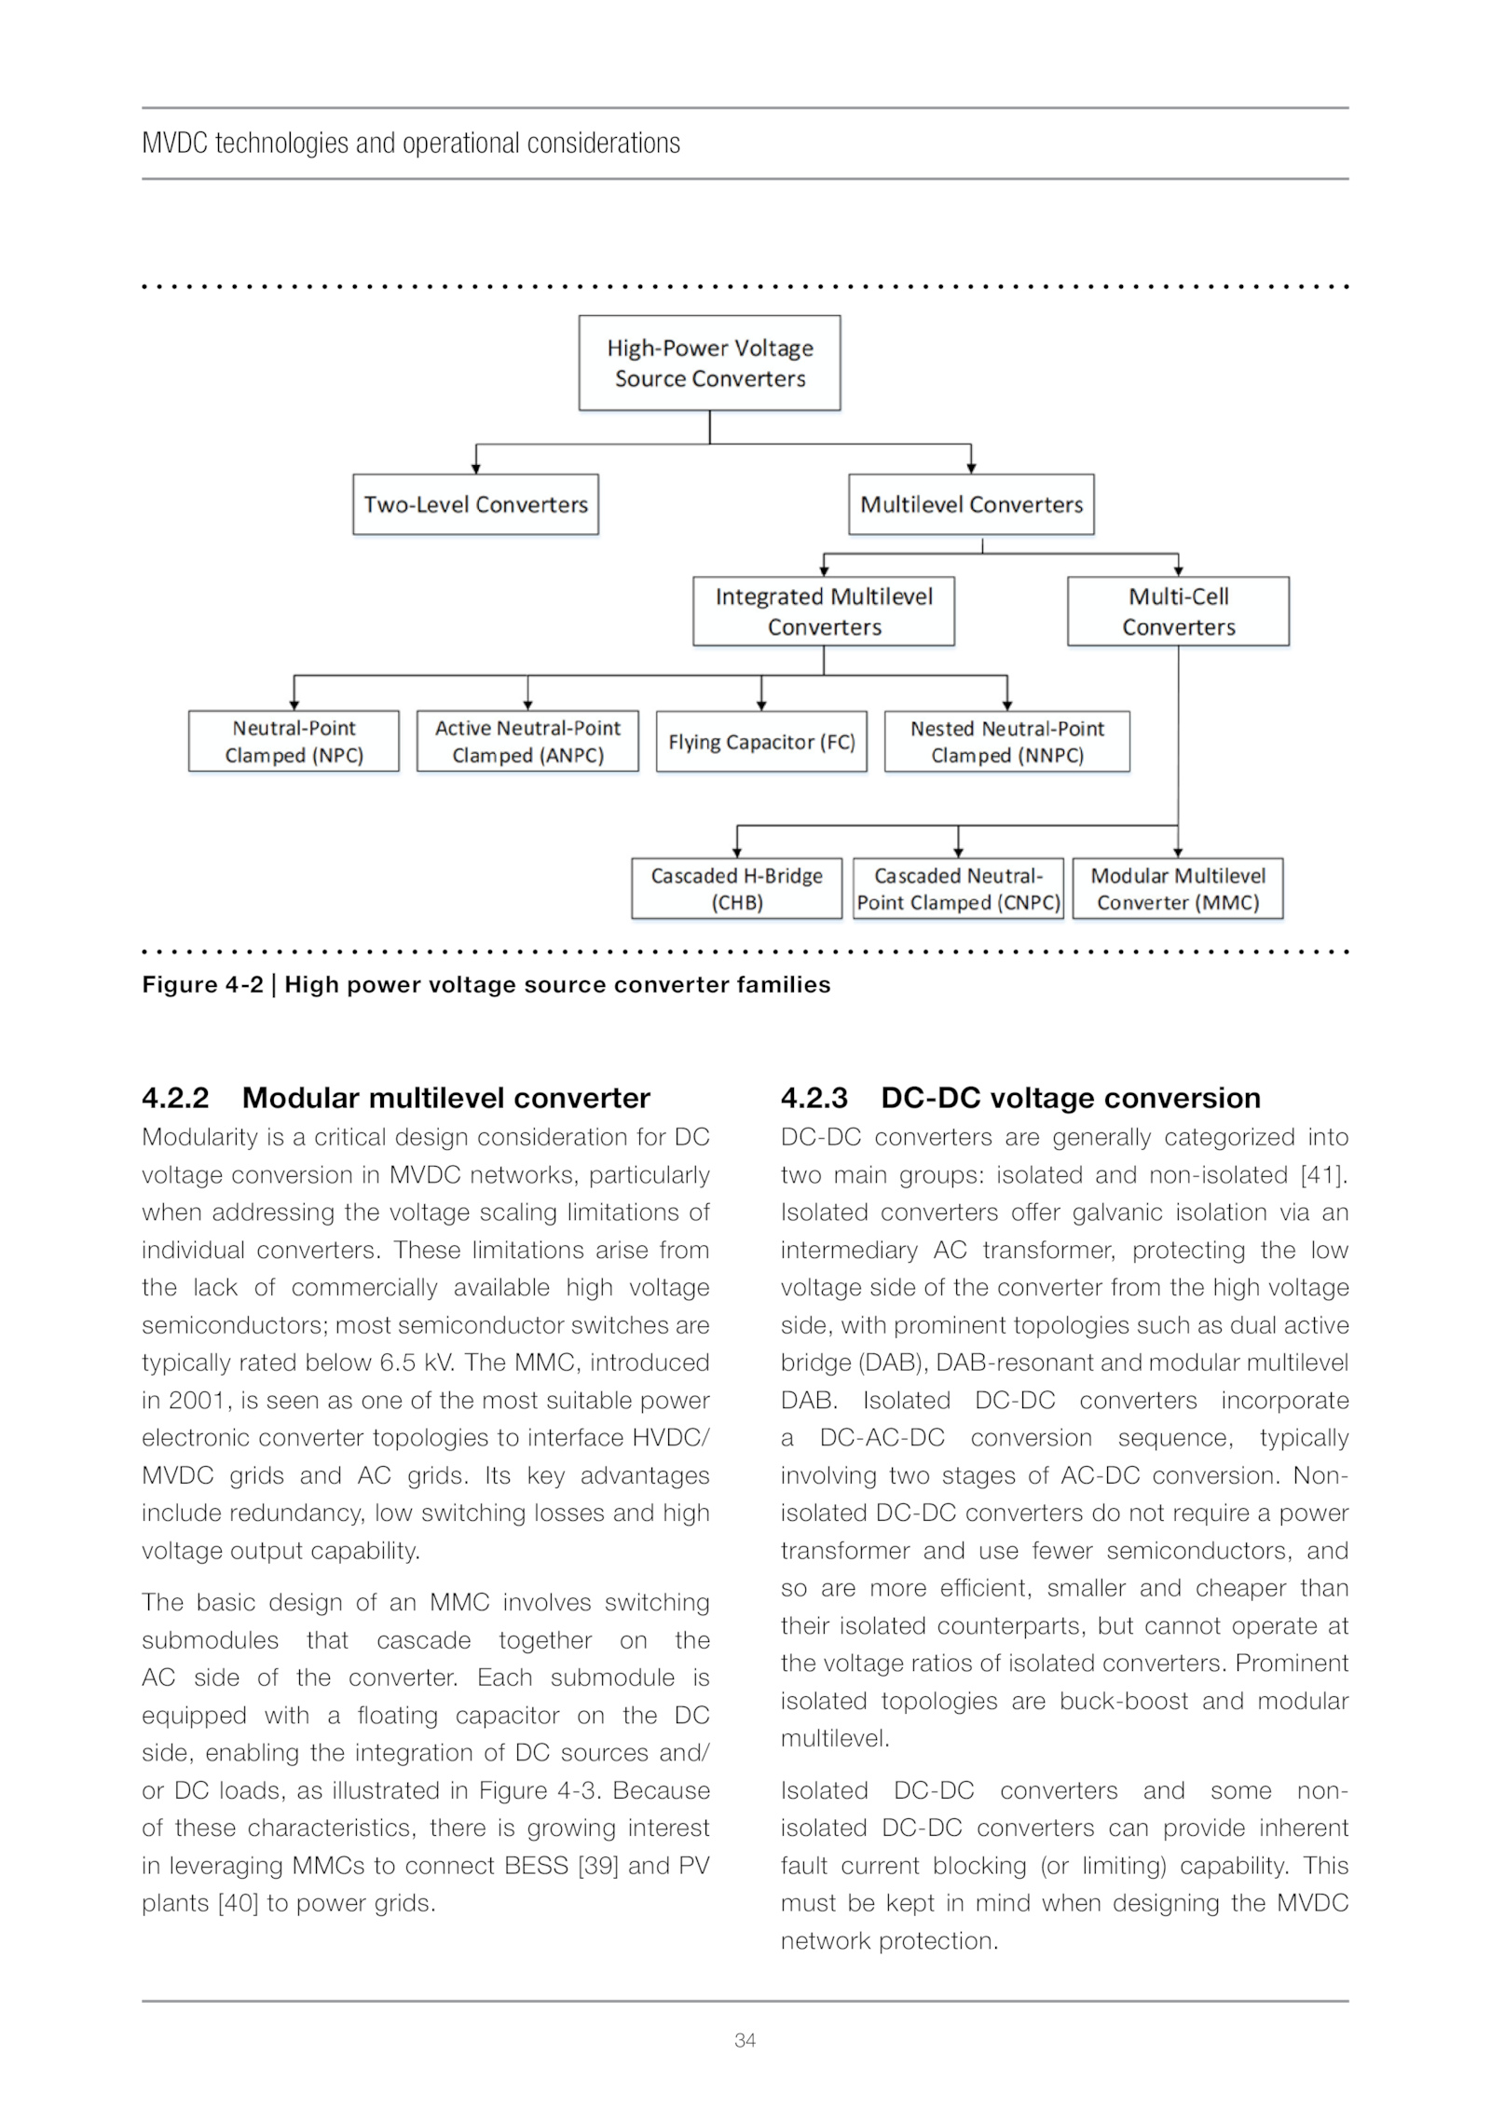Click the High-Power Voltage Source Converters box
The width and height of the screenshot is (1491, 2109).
pyautogui.click(x=709, y=363)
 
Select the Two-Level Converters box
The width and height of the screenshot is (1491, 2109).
pyautogui.click(x=475, y=504)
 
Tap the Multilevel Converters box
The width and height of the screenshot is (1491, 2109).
pyautogui.click(x=971, y=504)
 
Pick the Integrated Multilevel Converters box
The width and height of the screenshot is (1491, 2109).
pyautogui.click(x=824, y=611)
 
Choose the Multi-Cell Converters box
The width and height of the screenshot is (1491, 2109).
pyautogui.click(x=1178, y=611)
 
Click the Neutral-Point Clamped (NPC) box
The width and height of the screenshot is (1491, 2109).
pyautogui.click(x=294, y=741)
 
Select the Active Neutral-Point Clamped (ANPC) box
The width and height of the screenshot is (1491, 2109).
pyautogui.click(x=527, y=741)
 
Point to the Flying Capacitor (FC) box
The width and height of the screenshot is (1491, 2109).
pyautogui.click(x=761, y=742)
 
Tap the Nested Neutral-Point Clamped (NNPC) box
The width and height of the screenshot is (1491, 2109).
pyautogui.click(x=1007, y=741)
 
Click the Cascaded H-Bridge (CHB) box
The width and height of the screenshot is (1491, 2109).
pyautogui.click(x=736, y=888)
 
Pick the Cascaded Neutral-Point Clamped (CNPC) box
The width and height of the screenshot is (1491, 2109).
pyautogui.click(x=958, y=888)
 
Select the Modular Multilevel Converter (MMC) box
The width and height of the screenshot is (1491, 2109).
pyautogui.click(x=1178, y=888)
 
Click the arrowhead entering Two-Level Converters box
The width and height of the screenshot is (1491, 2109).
pyautogui.click(x=476, y=469)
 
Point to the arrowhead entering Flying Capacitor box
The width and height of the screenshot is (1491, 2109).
pyautogui.click(x=761, y=705)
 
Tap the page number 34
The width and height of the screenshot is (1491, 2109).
pyautogui.click(x=745, y=2040)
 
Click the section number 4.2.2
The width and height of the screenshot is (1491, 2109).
pyautogui.click(x=175, y=1098)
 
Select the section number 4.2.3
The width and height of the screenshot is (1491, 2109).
pyautogui.click(x=814, y=1098)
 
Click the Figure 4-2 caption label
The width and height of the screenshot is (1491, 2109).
pyautogui.click(x=202, y=985)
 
